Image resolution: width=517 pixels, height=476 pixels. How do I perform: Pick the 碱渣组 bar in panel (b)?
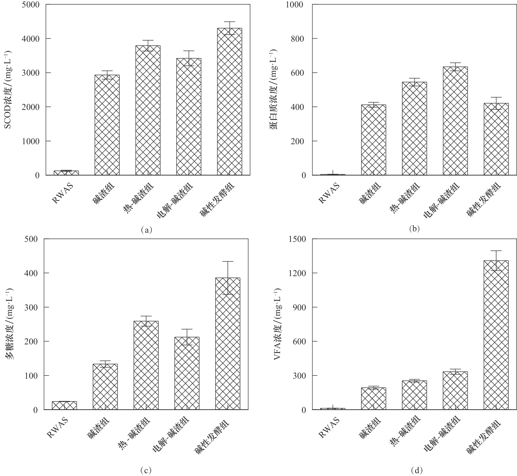coord(374,140)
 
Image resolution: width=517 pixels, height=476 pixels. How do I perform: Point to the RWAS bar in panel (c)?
coord(65,405)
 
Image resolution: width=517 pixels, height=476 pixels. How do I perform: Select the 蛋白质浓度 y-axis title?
coord(274,90)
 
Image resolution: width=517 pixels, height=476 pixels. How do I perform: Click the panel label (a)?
coord(147,230)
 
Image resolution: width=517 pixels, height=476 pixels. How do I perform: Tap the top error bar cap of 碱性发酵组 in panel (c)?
coord(228,261)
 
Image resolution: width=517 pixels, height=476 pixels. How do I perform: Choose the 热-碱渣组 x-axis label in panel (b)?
coord(405,198)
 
